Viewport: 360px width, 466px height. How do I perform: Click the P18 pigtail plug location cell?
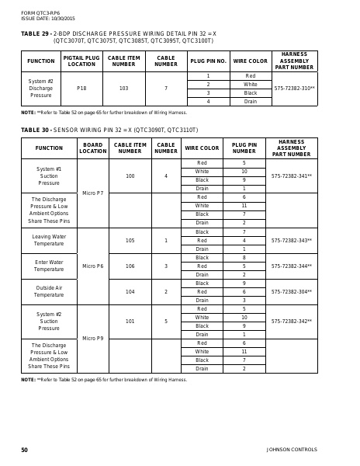81,89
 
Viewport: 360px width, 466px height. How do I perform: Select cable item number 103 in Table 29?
123,89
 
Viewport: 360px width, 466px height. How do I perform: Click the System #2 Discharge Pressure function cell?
40,89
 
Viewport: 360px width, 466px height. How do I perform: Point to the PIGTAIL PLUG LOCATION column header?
81,61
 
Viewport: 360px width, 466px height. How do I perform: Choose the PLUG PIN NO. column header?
208,61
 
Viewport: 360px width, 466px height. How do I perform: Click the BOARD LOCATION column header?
92,148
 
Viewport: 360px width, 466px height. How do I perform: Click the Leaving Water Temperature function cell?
48,240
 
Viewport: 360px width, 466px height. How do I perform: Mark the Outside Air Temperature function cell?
48,291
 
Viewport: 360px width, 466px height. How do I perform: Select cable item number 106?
130,266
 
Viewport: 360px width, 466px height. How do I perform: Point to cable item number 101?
130,321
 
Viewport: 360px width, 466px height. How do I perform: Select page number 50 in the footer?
24,450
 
